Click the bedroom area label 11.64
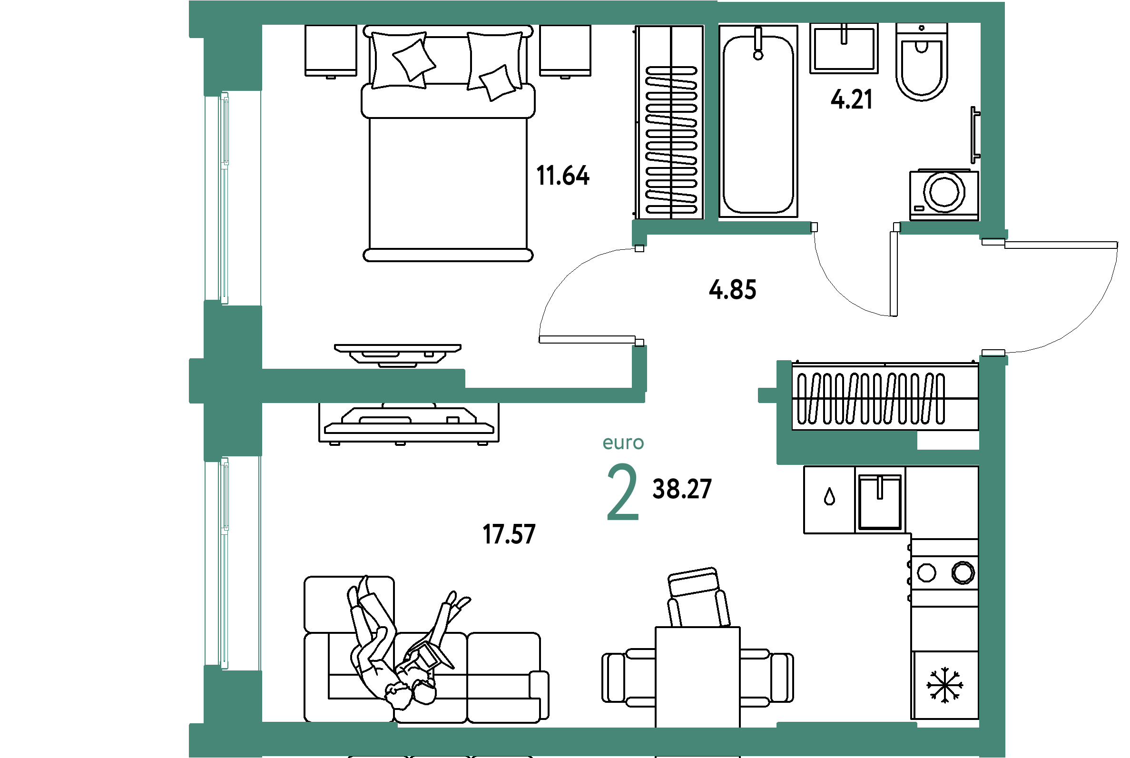[562, 176]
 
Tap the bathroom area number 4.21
[852, 99]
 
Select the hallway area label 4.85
[732, 290]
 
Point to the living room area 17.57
[509, 534]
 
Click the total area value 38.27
[682, 489]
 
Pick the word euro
[623, 443]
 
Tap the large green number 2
[623, 492]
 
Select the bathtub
[758, 121]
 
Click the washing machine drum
[944, 191]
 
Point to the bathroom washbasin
[844, 49]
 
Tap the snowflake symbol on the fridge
[945, 685]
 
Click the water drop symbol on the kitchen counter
[829, 497]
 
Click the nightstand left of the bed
[331, 51]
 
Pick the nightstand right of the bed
[565, 51]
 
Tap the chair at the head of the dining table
[698, 598]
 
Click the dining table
[698, 677]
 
